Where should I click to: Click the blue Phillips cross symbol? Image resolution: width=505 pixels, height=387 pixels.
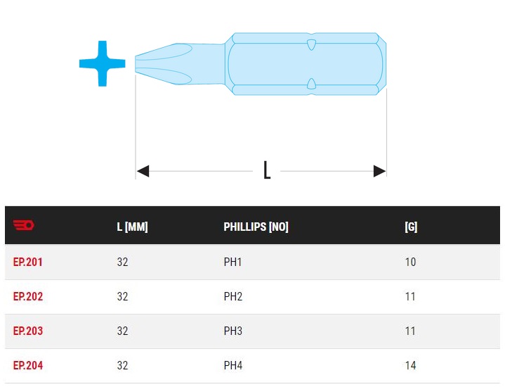tap(103, 63)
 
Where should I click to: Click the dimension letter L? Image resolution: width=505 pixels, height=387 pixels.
tap(267, 170)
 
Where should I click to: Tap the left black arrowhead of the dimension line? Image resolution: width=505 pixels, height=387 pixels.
tap(143, 171)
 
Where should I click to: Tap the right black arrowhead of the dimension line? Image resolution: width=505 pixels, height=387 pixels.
tap(379, 171)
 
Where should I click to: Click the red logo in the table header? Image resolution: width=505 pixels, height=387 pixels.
tap(23, 224)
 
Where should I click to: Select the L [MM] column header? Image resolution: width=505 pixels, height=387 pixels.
tap(132, 227)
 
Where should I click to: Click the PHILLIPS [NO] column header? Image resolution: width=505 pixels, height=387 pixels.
tap(256, 227)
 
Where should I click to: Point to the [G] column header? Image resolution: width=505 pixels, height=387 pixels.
tap(411, 227)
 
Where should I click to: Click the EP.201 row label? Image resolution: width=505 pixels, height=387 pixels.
tap(27, 262)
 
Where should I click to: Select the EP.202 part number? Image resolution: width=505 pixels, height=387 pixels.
tap(27, 296)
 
